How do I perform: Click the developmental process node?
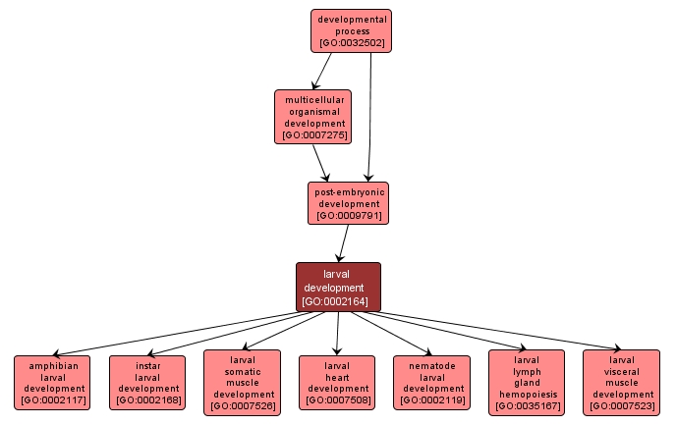click(351, 30)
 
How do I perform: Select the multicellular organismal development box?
click(312, 117)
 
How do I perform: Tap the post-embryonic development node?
click(348, 202)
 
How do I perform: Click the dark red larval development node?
click(338, 287)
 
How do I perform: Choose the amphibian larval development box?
click(53, 382)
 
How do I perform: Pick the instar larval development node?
click(147, 382)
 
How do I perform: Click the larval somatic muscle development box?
click(242, 382)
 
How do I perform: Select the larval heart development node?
click(337, 382)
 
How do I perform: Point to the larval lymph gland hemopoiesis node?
click(527, 382)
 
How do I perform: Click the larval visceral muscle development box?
click(622, 382)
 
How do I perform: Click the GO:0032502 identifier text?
click(351, 44)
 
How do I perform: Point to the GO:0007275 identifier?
click(312, 135)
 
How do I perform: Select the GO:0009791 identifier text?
click(348, 215)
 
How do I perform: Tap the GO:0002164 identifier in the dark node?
click(338, 301)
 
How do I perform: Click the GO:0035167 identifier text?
click(527, 405)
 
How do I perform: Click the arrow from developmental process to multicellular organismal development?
click(321, 71)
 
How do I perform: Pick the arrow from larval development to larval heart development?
click(338, 333)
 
